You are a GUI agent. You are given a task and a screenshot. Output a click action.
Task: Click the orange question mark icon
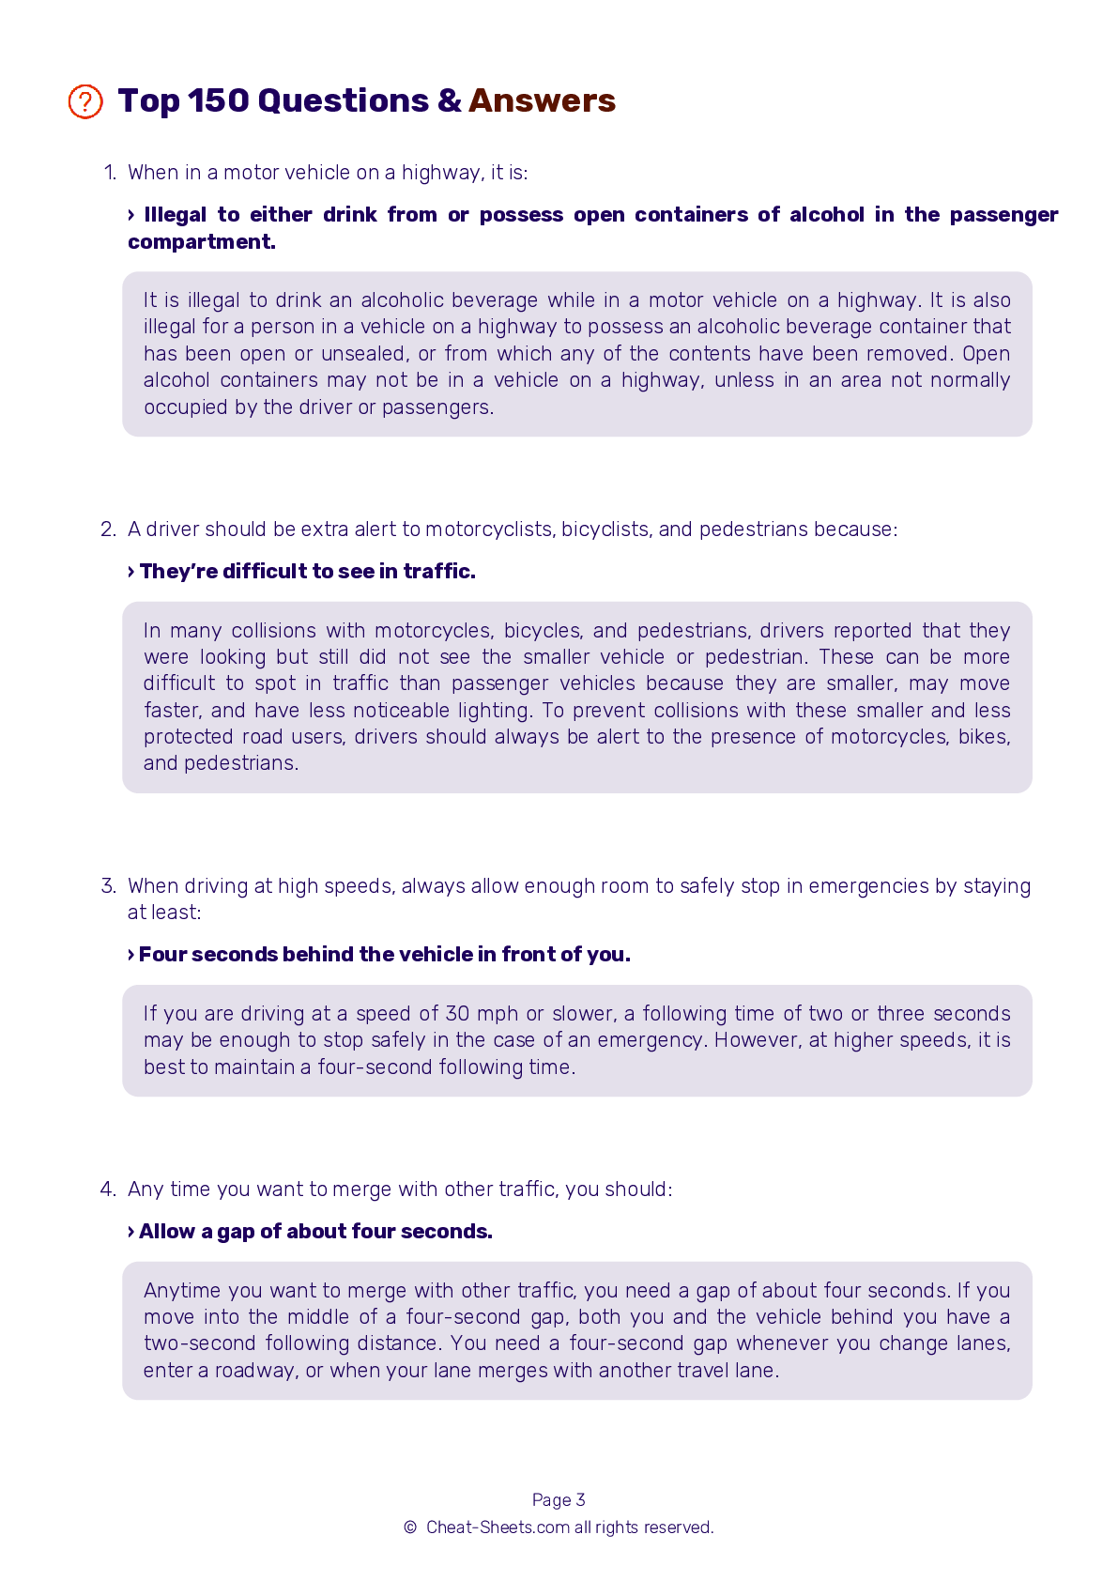pos(85,101)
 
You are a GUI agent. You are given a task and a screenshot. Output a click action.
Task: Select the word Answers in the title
pos(542,101)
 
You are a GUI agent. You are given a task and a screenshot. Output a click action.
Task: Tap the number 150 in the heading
pos(218,101)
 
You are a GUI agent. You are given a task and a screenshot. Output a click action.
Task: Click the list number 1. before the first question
pos(110,173)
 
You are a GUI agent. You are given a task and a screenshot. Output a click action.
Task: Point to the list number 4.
pos(108,1190)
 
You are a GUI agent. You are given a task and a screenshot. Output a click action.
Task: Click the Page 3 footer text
pos(559,1500)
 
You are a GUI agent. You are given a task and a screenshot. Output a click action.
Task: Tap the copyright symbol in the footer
pos(410,1527)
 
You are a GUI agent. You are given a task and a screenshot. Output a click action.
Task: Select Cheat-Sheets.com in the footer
pos(498,1527)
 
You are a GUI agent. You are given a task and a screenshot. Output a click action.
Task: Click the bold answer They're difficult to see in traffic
pos(307,572)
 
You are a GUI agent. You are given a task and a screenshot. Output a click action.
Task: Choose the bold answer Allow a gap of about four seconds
pos(315,1232)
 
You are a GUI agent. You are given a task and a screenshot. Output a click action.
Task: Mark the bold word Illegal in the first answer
pos(176,215)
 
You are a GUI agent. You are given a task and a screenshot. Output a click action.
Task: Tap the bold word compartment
pos(201,242)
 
